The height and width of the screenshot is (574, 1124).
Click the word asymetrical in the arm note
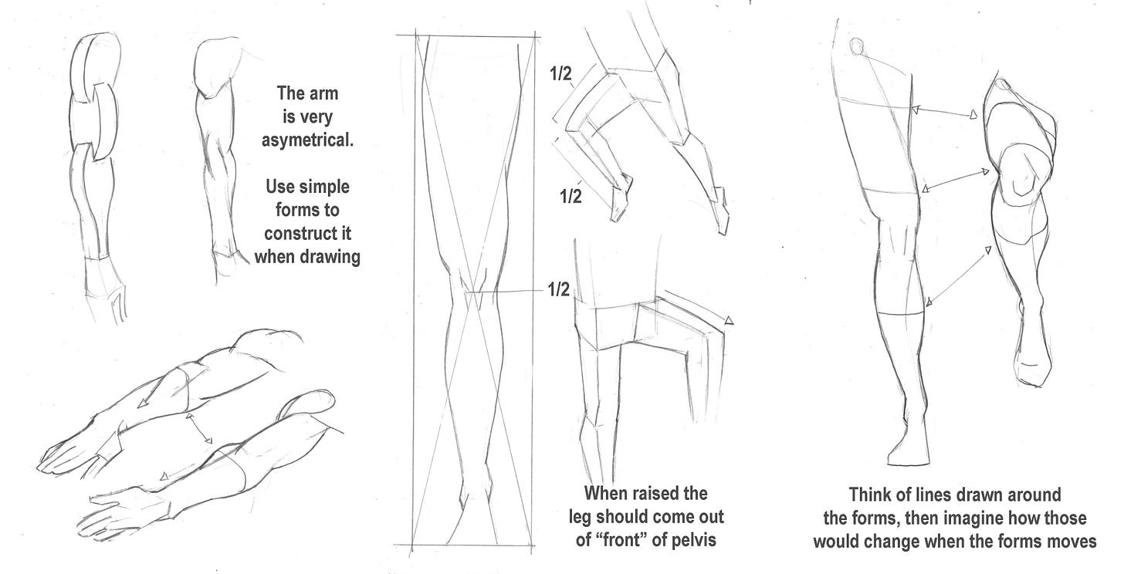click(x=307, y=140)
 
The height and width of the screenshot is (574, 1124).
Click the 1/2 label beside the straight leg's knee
click(x=558, y=289)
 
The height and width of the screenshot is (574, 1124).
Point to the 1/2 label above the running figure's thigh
click(x=560, y=74)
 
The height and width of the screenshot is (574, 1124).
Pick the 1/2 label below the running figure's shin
click(x=570, y=196)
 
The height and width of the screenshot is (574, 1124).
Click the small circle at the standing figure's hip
click(x=857, y=46)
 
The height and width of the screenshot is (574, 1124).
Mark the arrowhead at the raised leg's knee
click(x=729, y=320)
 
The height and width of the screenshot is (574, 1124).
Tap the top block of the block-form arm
click(x=96, y=63)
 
